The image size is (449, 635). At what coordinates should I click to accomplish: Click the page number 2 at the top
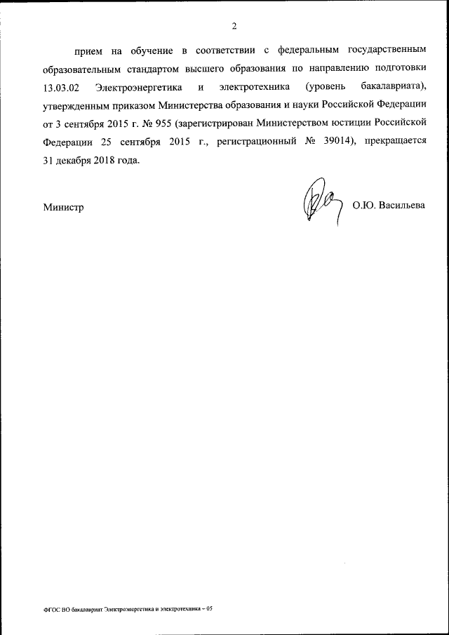235,27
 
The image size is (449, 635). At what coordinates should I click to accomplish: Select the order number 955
162,123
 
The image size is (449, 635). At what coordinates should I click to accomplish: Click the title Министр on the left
63,208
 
